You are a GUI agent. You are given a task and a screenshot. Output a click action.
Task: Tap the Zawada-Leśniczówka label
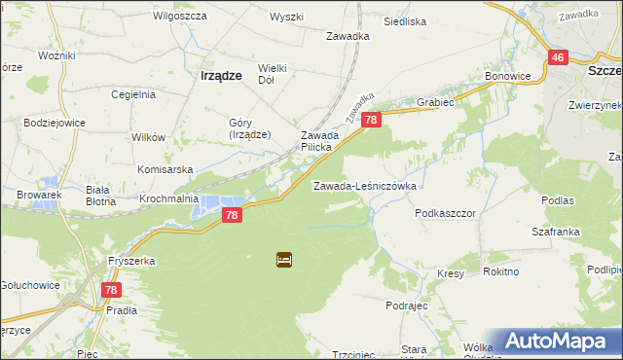[x=365, y=185]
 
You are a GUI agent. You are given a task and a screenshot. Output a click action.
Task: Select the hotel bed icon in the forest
[x=283, y=260]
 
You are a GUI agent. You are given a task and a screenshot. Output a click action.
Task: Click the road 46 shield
[x=558, y=58]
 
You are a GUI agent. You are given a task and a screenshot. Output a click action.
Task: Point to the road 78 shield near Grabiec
[x=371, y=120]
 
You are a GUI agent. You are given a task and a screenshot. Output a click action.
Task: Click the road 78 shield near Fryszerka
[x=111, y=290]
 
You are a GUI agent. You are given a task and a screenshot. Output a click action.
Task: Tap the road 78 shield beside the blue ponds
[x=231, y=214]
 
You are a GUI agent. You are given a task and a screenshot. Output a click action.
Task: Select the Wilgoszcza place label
[x=177, y=17]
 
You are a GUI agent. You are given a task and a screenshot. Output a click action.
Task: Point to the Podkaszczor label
[x=445, y=212]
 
